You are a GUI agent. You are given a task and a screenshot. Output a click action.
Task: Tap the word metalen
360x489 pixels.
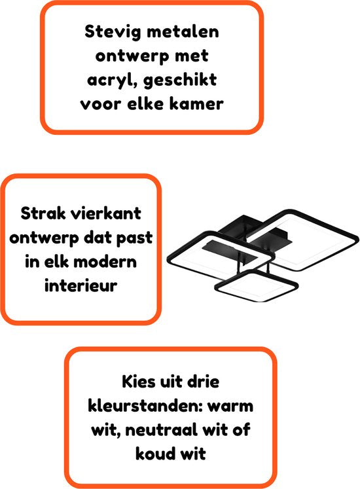tap(183, 32)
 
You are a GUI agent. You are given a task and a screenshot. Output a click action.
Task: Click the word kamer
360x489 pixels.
tap(196, 104)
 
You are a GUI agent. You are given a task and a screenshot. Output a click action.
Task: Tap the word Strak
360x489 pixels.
tap(43, 214)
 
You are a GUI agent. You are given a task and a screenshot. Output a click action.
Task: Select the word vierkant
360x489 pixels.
tap(106, 214)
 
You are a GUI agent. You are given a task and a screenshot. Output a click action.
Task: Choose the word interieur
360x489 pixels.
tap(81, 285)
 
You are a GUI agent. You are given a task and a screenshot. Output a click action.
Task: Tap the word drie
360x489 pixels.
tap(203, 382)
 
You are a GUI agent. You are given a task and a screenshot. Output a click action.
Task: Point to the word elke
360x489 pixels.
tap(145, 104)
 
